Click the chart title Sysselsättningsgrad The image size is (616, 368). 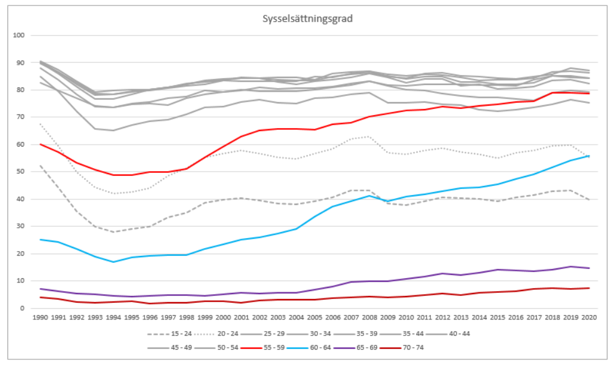(x=307, y=18)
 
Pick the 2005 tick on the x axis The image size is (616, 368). (x=315, y=318)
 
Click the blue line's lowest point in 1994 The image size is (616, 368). (x=113, y=262)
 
